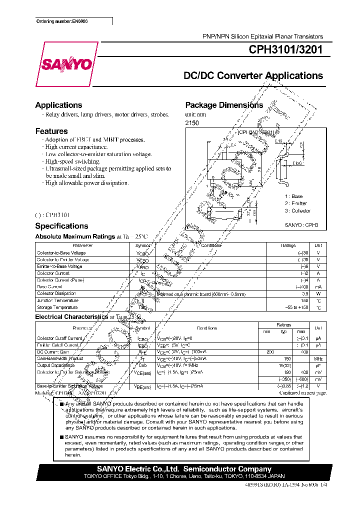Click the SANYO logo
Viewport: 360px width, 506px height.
(x=66, y=64)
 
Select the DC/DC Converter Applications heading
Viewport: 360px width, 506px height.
(x=253, y=76)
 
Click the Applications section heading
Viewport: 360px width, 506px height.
(x=58, y=105)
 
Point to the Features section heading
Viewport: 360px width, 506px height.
(x=51, y=131)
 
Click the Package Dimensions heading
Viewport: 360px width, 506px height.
(x=224, y=105)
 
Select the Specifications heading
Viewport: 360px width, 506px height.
(x=61, y=226)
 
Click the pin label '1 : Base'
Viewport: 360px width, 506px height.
(x=294, y=196)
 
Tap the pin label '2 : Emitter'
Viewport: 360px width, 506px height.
(x=296, y=203)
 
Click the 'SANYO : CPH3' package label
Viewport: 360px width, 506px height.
(x=301, y=225)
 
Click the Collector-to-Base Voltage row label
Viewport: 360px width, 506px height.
(x=61, y=253)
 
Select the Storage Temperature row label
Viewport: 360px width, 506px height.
(x=57, y=307)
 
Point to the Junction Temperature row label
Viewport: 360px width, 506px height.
(x=57, y=300)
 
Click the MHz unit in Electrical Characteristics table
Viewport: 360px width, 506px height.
(x=318, y=358)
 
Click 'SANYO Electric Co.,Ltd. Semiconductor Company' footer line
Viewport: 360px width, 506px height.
(x=184, y=469)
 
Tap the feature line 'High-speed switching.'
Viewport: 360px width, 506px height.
(x=72, y=161)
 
